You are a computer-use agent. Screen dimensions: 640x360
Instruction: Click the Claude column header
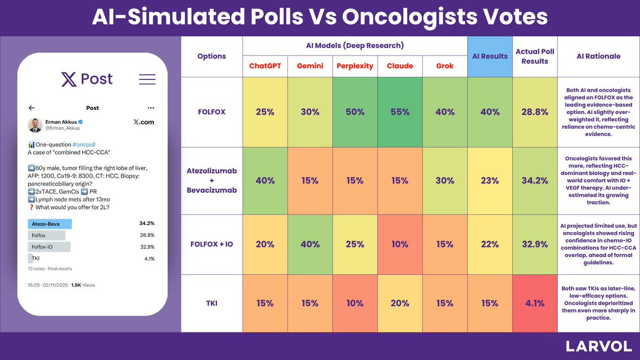click(x=399, y=66)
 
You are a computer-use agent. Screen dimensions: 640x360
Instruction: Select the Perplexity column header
click(x=355, y=66)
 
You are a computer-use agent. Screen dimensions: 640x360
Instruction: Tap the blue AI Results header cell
click(x=490, y=57)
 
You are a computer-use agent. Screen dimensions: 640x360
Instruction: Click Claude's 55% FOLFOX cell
click(x=399, y=111)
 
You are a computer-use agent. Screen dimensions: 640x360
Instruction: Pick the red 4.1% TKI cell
click(x=534, y=303)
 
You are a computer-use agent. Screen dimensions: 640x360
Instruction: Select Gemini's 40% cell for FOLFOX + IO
click(x=310, y=244)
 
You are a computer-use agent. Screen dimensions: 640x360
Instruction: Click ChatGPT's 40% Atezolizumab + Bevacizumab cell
click(x=265, y=181)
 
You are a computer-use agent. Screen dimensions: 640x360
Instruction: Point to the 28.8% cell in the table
click(x=534, y=111)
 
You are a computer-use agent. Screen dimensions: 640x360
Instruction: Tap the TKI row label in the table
click(x=211, y=303)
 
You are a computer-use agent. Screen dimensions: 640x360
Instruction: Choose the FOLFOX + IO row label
click(x=211, y=244)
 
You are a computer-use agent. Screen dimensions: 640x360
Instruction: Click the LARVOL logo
click(x=598, y=346)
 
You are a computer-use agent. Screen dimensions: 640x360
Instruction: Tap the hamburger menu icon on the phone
click(x=147, y=79)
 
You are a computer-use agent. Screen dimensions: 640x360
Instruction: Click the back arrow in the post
click(x=31, y=108)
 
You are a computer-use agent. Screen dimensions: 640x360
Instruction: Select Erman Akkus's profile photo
click(x=35, y=125)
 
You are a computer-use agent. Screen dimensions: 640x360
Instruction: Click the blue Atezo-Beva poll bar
click(x=50, y=223)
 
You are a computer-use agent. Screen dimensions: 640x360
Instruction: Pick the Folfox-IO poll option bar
click(x=49, y=247)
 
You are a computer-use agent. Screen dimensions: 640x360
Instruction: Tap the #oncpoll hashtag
click(x=84, y=145)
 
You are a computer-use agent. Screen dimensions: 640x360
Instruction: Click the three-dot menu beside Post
click(x=151, y=108)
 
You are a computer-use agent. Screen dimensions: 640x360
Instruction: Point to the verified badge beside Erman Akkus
click(x=81, y=122)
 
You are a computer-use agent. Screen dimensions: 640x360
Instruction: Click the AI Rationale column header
click(x=598, y=57)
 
